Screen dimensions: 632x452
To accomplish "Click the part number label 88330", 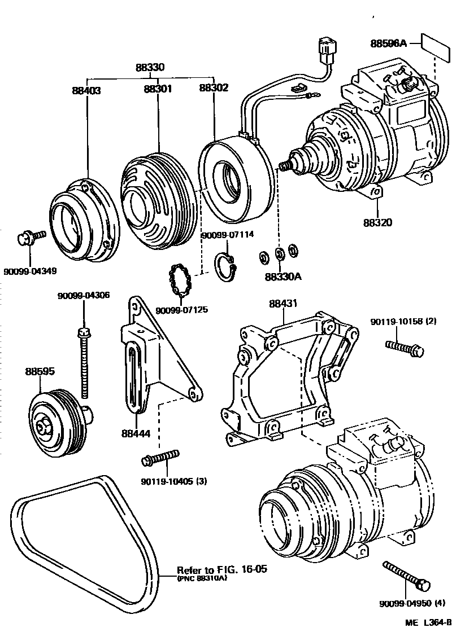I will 150,68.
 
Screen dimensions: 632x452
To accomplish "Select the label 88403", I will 86,90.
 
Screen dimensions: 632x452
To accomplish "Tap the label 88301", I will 158,89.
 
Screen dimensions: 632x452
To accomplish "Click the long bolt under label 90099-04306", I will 85,361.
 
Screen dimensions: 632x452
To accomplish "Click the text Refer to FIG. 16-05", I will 221,569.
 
